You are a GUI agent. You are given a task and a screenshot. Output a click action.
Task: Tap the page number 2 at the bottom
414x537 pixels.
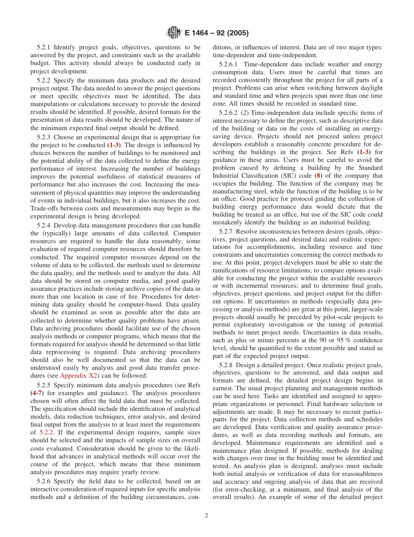pyautogui.click(x=207, y=515)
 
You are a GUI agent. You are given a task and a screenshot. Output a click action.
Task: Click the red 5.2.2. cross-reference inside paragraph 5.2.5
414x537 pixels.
pyautogui.click(x=47, y=432)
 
